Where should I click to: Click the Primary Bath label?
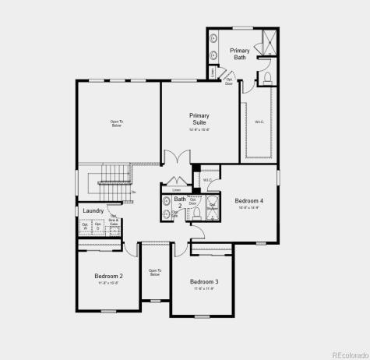[239, 54]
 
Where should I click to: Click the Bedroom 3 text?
[203, 281]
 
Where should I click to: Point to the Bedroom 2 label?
[108, 276]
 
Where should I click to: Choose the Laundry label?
[93, 210]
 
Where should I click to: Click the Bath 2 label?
[180, 202]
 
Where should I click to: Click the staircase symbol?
[114, 181]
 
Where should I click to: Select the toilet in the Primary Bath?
[266, 78]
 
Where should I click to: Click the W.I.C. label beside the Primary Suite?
[259, 122]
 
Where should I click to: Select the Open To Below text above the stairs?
[117, 123]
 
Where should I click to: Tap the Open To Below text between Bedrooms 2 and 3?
[154, 273]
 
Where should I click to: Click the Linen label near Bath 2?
[177, 189]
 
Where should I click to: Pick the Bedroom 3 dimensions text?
[203, 288]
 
